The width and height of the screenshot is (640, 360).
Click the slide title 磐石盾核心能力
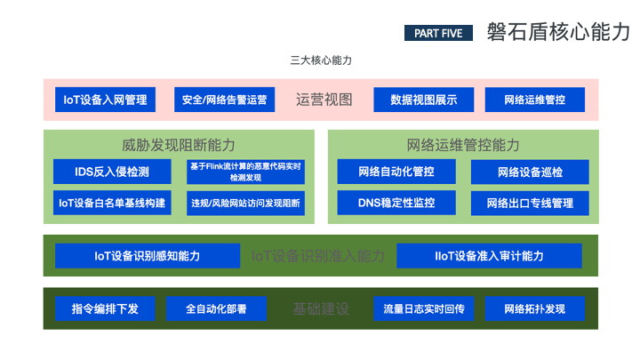558,33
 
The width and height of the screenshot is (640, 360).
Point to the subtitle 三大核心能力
321,60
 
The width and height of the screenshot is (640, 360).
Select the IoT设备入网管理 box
105,100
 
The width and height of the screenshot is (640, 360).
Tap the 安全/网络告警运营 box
224,100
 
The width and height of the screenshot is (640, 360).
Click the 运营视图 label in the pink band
324,100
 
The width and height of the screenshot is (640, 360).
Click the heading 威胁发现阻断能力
179,145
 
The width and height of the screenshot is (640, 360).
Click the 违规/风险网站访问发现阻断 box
245,203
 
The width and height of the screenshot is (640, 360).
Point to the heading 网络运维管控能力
463,145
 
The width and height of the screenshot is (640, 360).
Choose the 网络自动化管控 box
396,171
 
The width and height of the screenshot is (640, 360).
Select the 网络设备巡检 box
530,171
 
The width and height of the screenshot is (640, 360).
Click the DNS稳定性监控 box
396,203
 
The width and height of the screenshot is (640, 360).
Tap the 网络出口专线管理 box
530,203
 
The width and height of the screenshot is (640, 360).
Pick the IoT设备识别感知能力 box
148,256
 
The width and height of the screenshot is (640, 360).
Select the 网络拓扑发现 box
534,309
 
